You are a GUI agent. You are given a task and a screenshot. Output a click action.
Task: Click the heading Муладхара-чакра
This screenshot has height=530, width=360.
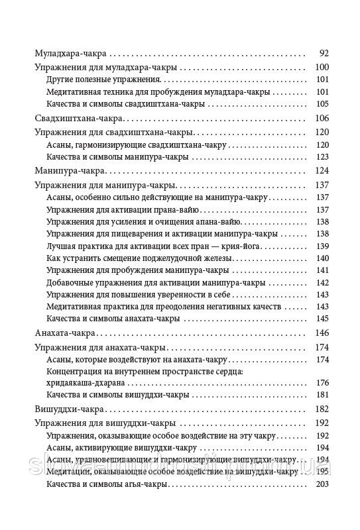point(71,54)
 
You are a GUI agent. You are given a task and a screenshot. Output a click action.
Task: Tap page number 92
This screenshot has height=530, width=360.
point(324,54)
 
